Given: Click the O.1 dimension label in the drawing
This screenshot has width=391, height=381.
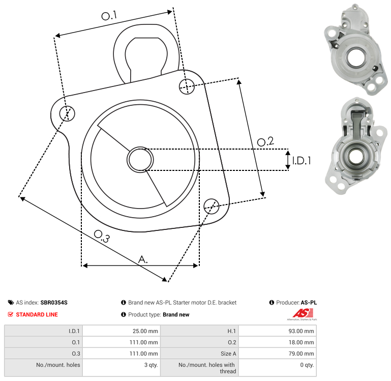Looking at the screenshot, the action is click(109, 16).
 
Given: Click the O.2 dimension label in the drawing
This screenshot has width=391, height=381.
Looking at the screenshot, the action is click(265, 141).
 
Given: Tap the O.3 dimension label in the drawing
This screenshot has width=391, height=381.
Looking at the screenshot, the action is click(102, 236).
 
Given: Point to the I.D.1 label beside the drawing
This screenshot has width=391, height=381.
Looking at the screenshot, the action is click(302, 161).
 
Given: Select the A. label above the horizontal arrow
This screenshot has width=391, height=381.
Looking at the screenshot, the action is click(143, 259).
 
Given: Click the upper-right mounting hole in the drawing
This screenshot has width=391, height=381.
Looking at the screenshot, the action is click(187, 86).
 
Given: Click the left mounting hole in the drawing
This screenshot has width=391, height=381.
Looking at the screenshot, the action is click(67, 113).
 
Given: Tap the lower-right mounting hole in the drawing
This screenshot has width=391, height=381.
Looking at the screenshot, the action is click(212, 206).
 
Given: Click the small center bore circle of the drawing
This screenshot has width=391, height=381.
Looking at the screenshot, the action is click(140, 160).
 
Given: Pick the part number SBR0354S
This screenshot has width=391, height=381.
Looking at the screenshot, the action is click(54, 302).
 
